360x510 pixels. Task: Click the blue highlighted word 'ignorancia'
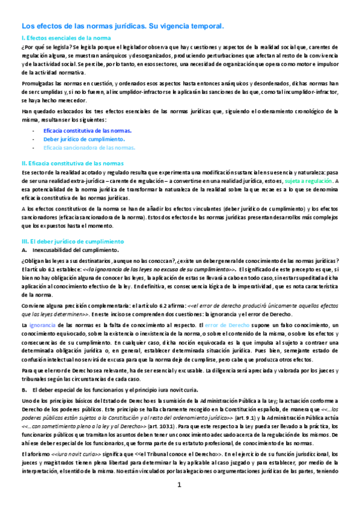pos(43,325)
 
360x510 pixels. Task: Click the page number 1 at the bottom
pos(178,485)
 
